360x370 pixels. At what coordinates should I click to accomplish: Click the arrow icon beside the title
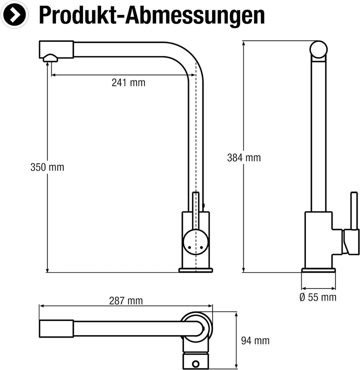tap(15, 15)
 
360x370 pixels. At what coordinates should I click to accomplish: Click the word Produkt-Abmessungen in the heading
tap(151, 15)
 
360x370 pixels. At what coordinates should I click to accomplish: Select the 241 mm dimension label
tap(128, 83)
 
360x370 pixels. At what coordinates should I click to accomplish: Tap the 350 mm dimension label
tap(47, 167)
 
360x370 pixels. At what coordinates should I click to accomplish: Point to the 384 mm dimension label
tap(244, 158)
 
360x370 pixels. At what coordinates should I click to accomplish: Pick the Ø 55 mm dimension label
tap(317, 298)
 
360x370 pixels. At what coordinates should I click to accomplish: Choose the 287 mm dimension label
tap(126, 301)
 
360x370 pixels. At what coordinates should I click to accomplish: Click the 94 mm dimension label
tap(255, 341)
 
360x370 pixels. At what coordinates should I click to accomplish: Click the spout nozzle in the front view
tap(50, 58)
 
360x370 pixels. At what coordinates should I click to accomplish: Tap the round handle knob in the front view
tap(194, 242)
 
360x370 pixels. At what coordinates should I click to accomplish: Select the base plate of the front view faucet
tap(195, 270)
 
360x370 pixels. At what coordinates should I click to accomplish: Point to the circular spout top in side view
tap(318, 49)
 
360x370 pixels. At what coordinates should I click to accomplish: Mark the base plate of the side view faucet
tap(318, 271)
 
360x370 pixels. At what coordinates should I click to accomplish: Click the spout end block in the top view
tap(56, 329)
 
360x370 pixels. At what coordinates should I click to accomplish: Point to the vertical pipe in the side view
tap(318, 135)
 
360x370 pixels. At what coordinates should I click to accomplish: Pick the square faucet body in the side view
tap(318, 240)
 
